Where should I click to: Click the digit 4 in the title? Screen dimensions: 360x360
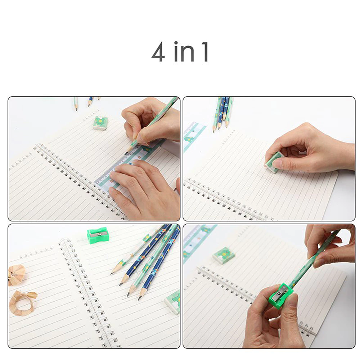point(158,52)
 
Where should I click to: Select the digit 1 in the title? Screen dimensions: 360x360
point(205,52)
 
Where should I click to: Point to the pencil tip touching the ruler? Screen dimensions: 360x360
point(126,153)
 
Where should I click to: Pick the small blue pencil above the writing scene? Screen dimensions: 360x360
point(90,102)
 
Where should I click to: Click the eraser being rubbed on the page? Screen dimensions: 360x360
point(274,162)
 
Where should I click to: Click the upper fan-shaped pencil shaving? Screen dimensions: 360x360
point(17,275)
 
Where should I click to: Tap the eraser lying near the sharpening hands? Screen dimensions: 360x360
point(224,255)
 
